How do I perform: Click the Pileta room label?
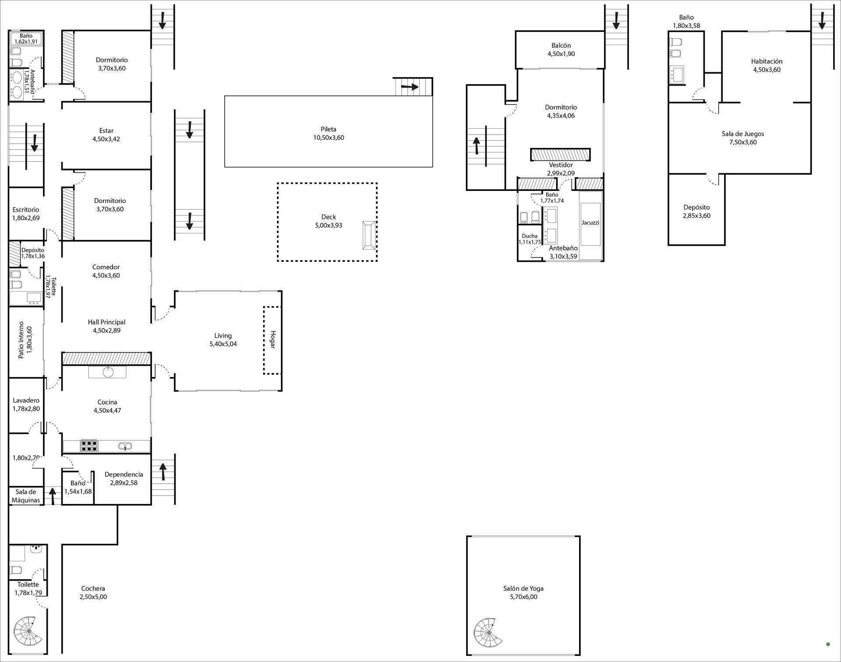point(329,129)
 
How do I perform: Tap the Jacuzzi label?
point(590,222)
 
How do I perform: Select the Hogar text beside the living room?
point(272,340)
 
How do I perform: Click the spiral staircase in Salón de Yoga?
point(488,633)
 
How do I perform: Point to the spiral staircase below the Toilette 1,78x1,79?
point(28,630)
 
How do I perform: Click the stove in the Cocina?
point(89,446)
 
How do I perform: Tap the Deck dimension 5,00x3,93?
point(329,225)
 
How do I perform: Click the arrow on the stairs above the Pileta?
point(410,87)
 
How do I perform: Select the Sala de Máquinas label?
point(26,496)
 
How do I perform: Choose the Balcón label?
point(561,46)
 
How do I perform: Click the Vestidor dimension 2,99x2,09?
point(561,173)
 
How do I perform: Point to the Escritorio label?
point(26,210)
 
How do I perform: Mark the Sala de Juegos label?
point(743,134)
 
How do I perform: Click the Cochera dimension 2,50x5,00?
point(93,597)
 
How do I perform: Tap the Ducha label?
point(530,236)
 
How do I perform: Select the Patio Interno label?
point(21,340)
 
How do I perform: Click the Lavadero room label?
point(26,400)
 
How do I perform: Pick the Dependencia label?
point(124,475)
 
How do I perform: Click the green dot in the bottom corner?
point(828,644)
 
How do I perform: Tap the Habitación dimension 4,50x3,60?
point(767,70)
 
